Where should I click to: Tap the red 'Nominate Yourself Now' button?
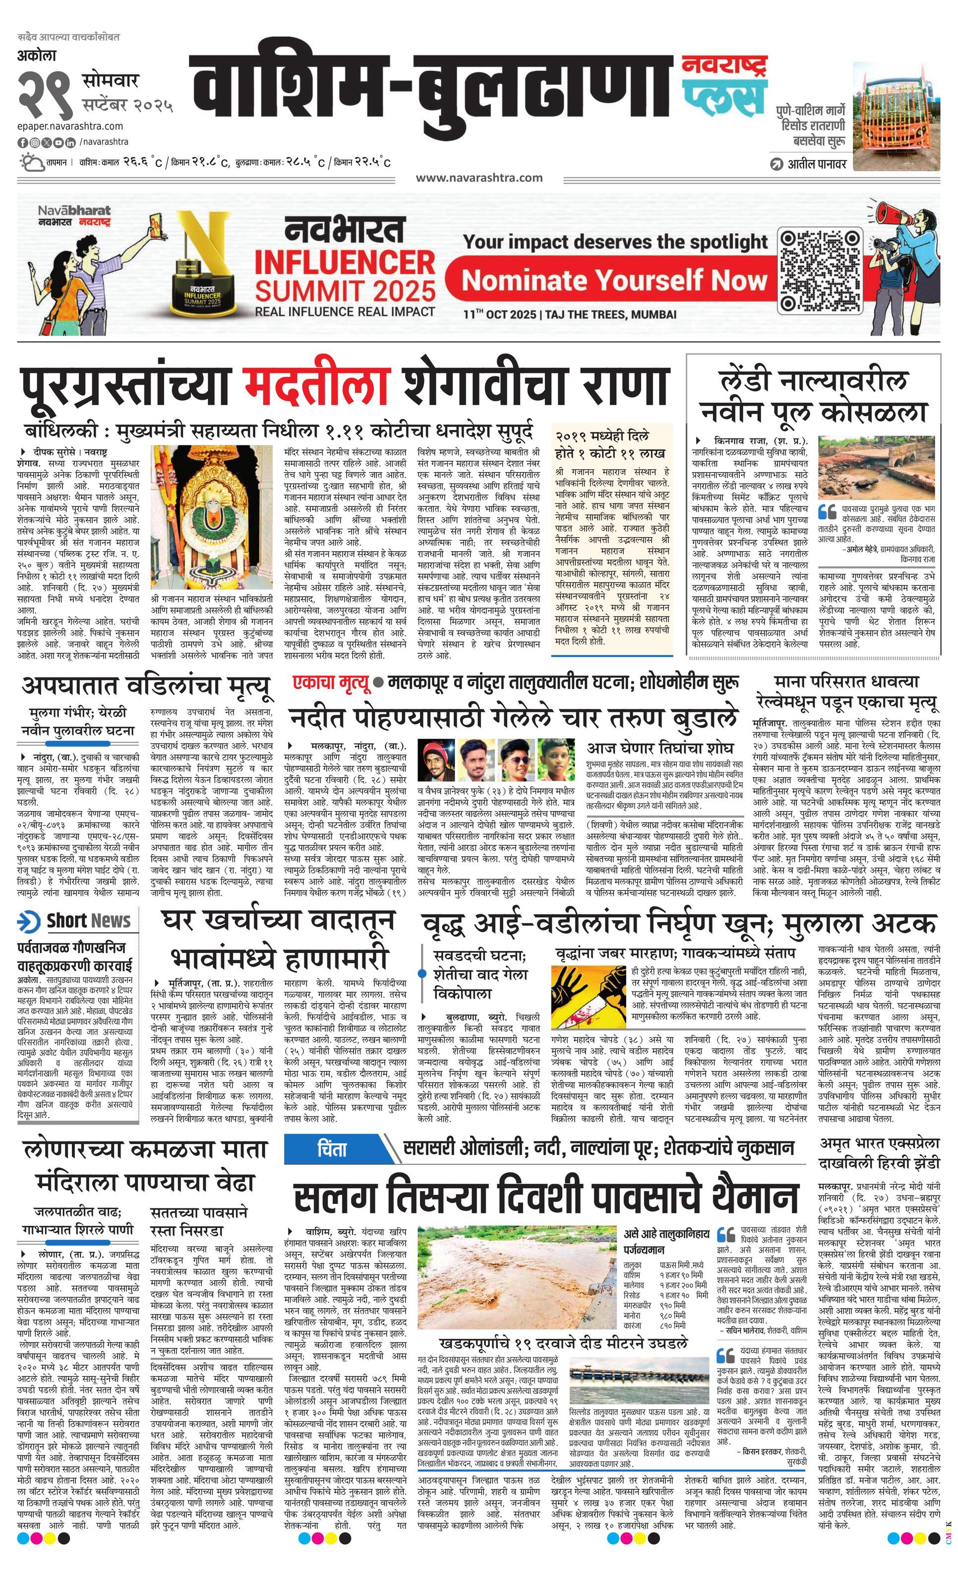pyautogui.click(x=613, y=280)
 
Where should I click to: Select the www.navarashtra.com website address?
pyautogui.click(x=479, y=178)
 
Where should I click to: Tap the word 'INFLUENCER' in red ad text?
pyautogui.click(x=345, y=262)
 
